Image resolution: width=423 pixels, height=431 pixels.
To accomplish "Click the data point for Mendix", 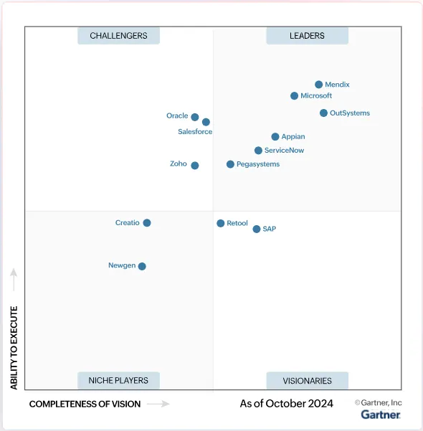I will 319,85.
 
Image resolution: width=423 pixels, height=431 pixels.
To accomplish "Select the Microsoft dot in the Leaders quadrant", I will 295,96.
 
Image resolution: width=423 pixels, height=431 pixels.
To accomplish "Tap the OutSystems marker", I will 324,113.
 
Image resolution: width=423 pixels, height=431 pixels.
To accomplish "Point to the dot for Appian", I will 275,136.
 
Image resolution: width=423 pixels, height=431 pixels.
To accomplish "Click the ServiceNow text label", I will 284,151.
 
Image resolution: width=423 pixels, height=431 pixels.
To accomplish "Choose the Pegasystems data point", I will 230,164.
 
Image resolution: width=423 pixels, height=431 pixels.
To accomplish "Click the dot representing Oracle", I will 195,117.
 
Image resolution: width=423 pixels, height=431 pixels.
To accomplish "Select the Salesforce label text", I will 195,132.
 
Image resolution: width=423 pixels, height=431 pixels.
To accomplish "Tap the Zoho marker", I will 195,166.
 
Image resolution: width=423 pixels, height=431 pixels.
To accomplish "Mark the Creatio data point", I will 147,223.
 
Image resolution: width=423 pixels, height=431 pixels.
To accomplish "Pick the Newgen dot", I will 142,266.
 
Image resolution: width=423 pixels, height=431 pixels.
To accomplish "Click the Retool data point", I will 221,224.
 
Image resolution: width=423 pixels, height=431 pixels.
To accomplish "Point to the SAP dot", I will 257,229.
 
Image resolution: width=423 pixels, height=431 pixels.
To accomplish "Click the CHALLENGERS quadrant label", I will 118,36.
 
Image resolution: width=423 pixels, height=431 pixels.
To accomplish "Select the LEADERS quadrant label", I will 307,36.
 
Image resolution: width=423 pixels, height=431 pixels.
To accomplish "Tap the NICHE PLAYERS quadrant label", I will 118,381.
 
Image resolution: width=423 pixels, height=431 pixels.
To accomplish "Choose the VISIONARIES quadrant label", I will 307,381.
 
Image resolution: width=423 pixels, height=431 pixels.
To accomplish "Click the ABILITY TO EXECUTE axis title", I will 14,348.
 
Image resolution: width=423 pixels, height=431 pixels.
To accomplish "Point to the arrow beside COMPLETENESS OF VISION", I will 158,404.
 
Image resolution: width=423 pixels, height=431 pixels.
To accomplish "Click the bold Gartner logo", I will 381,415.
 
